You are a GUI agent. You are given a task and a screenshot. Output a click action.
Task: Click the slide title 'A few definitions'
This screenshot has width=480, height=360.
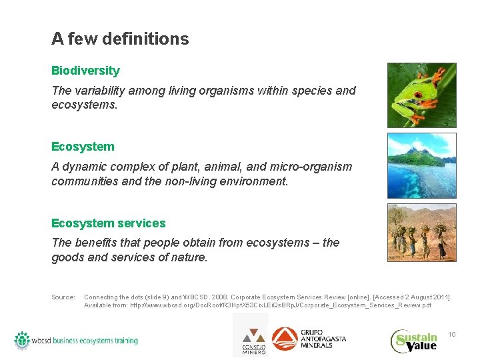120,39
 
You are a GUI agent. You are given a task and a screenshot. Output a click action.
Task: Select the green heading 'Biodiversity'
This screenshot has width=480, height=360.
85,71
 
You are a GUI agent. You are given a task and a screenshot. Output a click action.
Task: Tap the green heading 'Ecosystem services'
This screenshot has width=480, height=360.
108,223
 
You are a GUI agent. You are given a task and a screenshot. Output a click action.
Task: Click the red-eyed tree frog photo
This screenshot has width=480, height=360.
421,95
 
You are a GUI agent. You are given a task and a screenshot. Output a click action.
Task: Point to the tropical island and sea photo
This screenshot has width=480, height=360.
421,165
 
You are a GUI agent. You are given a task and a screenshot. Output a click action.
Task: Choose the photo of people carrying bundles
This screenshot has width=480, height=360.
421,232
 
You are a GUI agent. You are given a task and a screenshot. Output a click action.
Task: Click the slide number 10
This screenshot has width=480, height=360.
451,334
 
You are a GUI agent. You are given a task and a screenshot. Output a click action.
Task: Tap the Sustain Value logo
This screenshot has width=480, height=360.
414,341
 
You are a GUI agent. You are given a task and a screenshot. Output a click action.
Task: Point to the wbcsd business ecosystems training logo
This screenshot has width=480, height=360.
76,340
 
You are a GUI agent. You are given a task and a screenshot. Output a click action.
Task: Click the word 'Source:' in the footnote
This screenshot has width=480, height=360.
63,297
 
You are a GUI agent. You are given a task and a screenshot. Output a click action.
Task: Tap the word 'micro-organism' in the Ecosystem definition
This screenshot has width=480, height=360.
315,167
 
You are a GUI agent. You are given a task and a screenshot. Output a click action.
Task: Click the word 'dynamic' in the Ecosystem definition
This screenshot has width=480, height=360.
83,167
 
